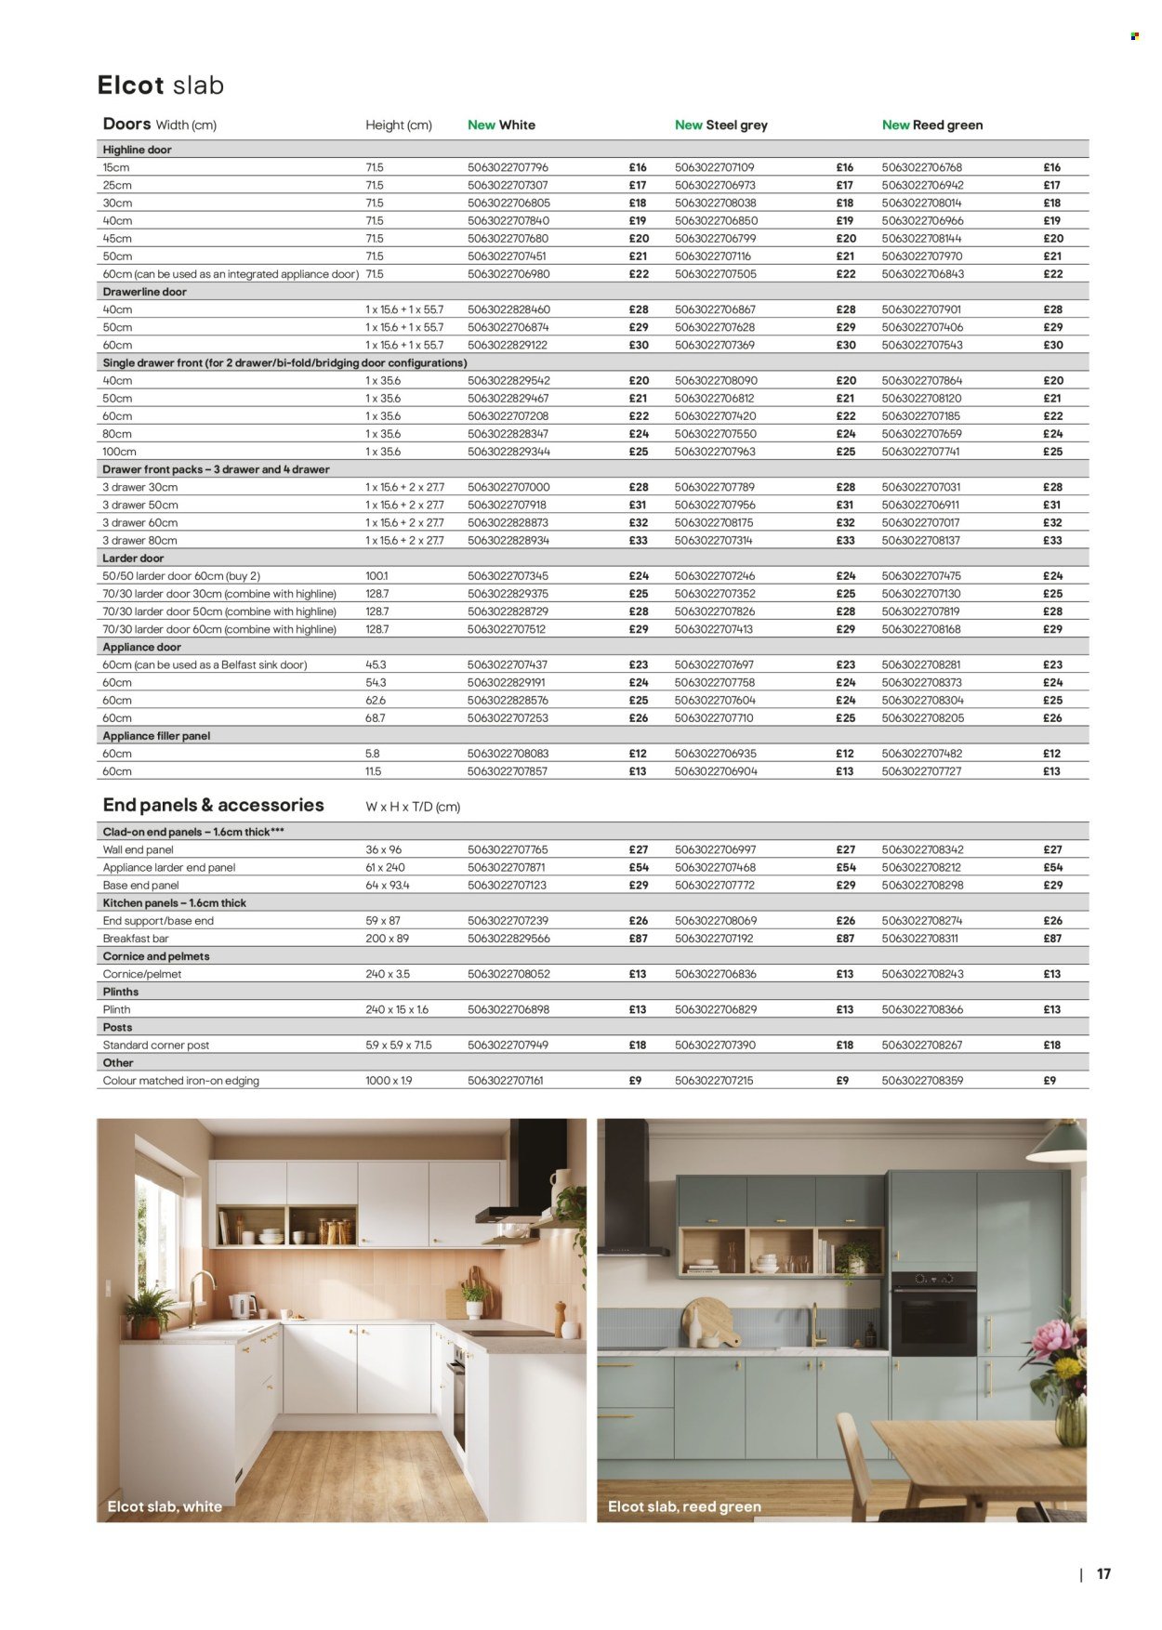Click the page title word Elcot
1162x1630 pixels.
point(131,85)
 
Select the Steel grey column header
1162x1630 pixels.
point(721,125)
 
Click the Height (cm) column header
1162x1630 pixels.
point(398,125)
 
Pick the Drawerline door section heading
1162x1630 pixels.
point(144,292)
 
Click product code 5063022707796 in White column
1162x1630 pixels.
point(508,167)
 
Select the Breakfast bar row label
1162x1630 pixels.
point(135,939)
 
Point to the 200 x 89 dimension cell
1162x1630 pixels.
point(387,939)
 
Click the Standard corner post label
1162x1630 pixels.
point(155,1045)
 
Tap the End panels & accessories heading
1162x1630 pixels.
point(213,806)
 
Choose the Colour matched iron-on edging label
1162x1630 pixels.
point(180,1081)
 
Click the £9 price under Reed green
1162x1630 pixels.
point(1049,1081)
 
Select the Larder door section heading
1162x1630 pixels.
point(133,559)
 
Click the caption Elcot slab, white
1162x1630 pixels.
point(165,1506)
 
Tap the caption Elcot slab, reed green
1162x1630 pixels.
point(684,1506)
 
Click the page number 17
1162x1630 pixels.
point(1103,1574)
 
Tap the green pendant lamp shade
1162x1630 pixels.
point(1059,1143)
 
